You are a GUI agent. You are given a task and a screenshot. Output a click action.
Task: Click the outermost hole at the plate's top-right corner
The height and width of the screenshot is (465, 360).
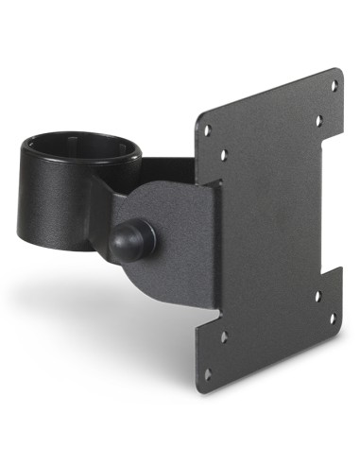pyautogui.click(x=333, y=85)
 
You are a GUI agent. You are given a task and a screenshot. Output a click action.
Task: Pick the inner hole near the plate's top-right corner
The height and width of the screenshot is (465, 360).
pyautogui.click(x=318, y=121)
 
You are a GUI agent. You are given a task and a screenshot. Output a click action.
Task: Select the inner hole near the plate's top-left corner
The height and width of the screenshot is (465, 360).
pyautogui.click(x=223, y=155)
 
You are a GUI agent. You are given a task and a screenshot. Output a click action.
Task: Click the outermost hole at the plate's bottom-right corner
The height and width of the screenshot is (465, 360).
pyautogui.click(x=333, y=318)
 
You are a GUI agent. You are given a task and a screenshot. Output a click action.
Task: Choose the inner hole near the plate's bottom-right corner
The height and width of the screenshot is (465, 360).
pyautogui.click(x=317, y=296)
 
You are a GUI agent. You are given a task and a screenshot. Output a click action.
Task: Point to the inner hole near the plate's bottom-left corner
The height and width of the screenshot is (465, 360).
pyautogui.click(x=223, y=336)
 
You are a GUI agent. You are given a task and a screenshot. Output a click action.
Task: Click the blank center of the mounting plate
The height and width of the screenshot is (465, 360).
pyautogui.click(x=274, y=227)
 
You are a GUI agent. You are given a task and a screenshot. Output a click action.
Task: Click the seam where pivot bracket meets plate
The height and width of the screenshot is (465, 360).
pyautogui.click(x=217, y=246)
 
